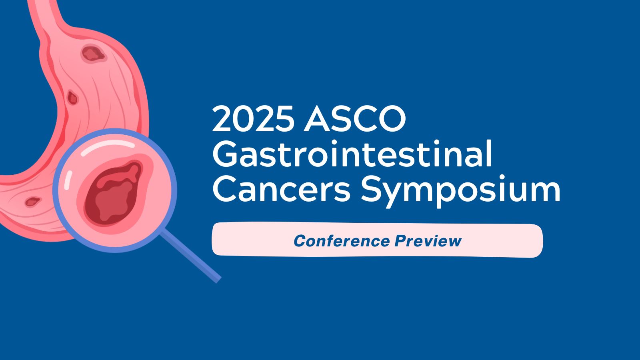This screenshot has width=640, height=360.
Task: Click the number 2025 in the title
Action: [253, 120]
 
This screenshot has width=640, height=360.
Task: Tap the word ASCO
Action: [355, 120]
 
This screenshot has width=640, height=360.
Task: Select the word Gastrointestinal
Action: [352, 154]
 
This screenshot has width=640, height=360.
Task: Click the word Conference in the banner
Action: [342, 241]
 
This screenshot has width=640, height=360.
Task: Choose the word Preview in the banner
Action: [428, 241]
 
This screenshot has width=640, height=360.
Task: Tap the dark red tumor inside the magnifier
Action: [114, 192]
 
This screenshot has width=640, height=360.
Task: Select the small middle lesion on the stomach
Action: [72, 97]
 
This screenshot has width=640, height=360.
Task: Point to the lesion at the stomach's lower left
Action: [32, 201]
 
